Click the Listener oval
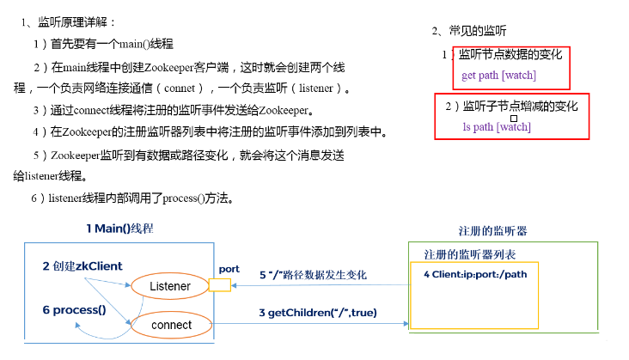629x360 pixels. (170, 285)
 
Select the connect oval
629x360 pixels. (170, 325)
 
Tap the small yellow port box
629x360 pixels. (220, 284)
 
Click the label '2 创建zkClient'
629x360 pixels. (82, 266)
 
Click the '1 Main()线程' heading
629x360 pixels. (119, 229)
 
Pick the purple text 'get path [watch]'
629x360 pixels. (498, 75)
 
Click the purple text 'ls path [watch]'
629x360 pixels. (496, 127)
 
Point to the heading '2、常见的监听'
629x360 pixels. (468, 31)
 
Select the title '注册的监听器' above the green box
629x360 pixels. (493, 232)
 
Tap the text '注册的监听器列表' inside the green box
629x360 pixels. (470, 255)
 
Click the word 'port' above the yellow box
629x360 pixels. (229, 269)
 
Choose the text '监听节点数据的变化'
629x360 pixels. (510, 54)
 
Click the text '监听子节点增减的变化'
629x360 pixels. (520, 107)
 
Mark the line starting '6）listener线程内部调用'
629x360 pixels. (132, 198)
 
